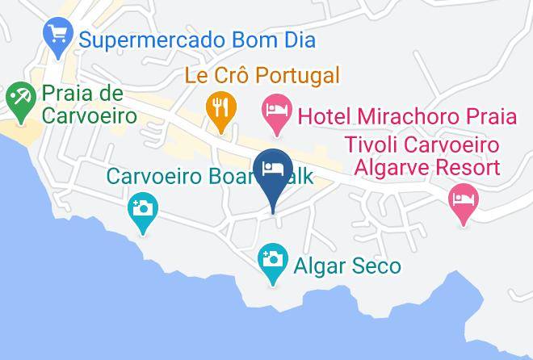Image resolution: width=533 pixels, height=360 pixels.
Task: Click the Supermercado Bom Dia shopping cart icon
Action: pyautogui.click(x=57, y=34)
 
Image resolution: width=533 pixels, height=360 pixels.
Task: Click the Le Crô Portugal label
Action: pyautogui.click(x=262, y=77)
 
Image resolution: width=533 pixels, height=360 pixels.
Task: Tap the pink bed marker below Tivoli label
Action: pyautogui.click(x=463, y=199)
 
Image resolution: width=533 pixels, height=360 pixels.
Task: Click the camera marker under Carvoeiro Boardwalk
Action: pyautogui.click(x=143, y=209)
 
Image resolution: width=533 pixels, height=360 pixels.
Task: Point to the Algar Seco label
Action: pyautogui.click(x=347, y=265)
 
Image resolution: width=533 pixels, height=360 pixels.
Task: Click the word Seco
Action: pyautogui.click(x=376, y=265)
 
